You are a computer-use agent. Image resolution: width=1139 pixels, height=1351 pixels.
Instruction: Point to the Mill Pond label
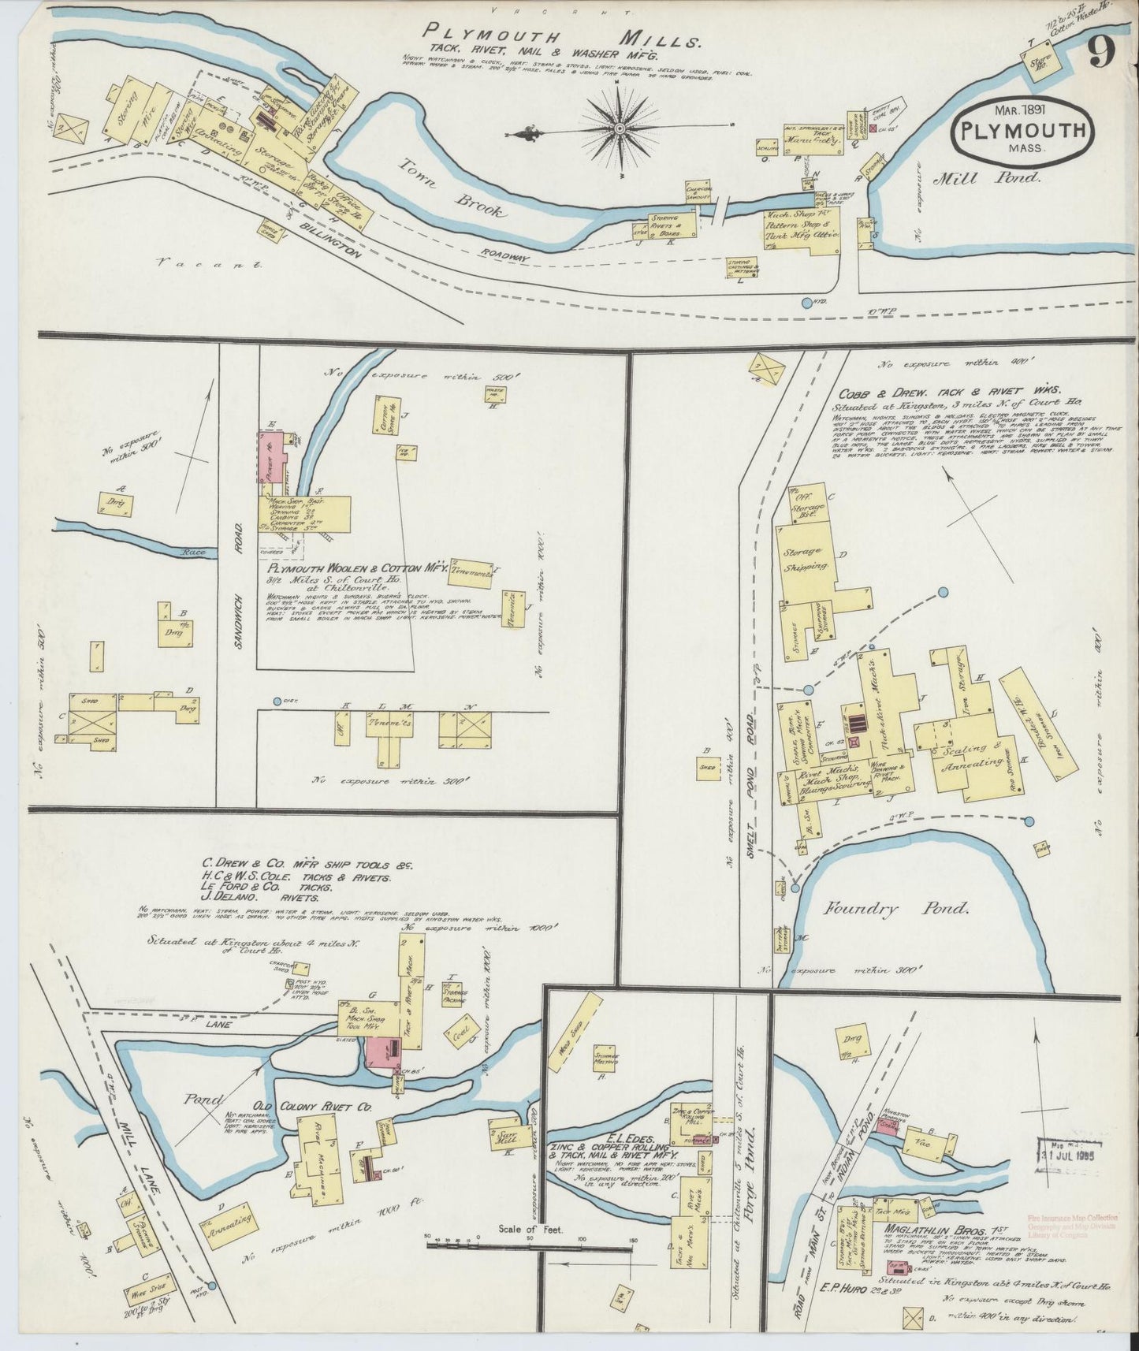[x=987, y=178]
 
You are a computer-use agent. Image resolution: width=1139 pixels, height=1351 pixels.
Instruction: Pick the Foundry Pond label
[x=895, y=909]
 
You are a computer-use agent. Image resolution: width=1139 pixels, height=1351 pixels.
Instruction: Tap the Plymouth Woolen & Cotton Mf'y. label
[x=358, y=568]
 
